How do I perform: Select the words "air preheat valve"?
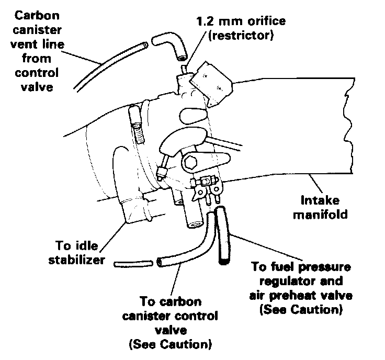tap(300, 296)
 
